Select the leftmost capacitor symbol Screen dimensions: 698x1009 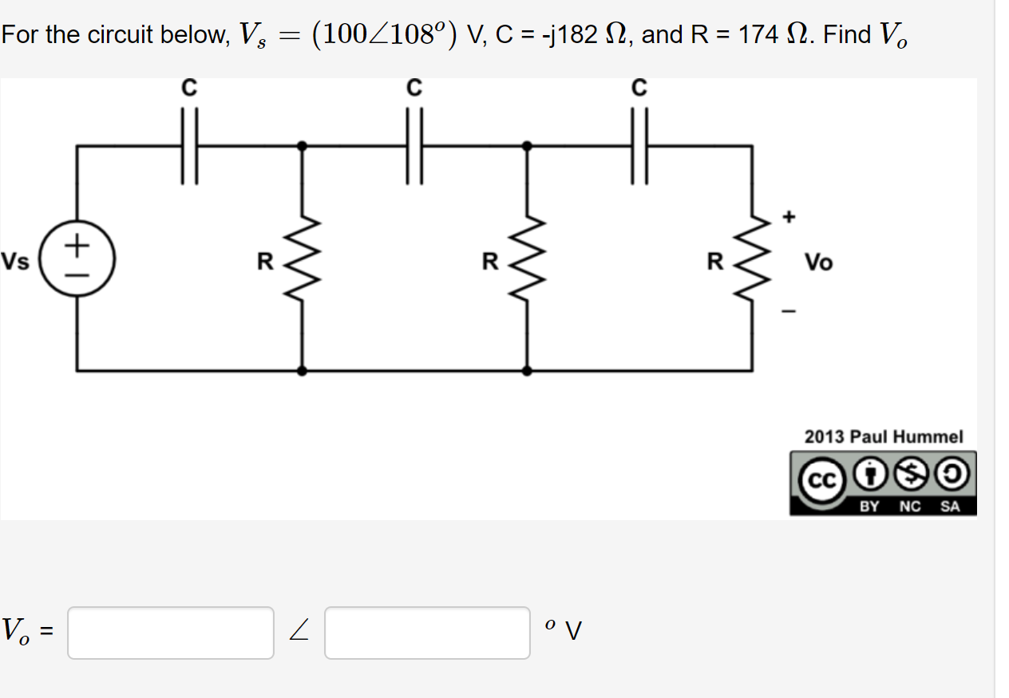[188, 147]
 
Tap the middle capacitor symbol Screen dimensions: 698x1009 [413, 147]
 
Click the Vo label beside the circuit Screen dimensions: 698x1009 [818, 262]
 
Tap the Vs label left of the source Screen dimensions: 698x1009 [15, 261]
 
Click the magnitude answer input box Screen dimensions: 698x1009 [171, 633]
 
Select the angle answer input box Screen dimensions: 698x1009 [427, 633]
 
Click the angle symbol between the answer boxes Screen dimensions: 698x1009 [299, 633]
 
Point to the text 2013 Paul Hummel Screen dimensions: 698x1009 [884, 436]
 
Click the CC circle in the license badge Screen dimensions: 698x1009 [818, 479]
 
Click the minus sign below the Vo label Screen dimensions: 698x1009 [789, 311]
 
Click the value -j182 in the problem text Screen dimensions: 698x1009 [570, 35]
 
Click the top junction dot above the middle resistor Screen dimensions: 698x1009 [526, 146]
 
